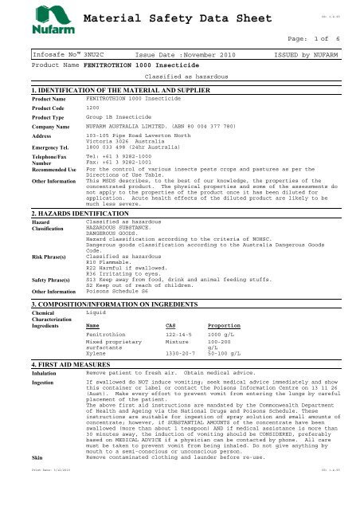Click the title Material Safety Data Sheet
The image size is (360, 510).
point(162,18)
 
